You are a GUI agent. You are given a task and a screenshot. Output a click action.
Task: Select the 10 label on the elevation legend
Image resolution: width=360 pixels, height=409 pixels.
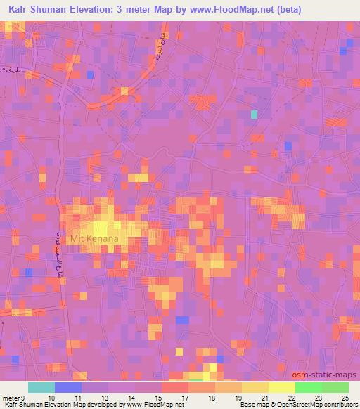click(x=50, y=398)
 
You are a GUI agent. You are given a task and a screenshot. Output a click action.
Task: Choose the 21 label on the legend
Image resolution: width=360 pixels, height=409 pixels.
click(x=264, y=398)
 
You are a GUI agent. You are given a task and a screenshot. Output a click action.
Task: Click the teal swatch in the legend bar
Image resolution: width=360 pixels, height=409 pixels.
click(x=41, y=387)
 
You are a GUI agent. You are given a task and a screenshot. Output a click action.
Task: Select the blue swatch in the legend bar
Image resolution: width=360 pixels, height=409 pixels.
click(x=68, y=387)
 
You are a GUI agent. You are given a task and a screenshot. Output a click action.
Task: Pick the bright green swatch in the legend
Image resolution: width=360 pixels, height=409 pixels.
click(x=309, y=387)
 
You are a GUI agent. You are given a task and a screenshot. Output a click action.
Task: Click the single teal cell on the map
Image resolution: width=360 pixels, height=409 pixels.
click(x=254, y=114)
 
